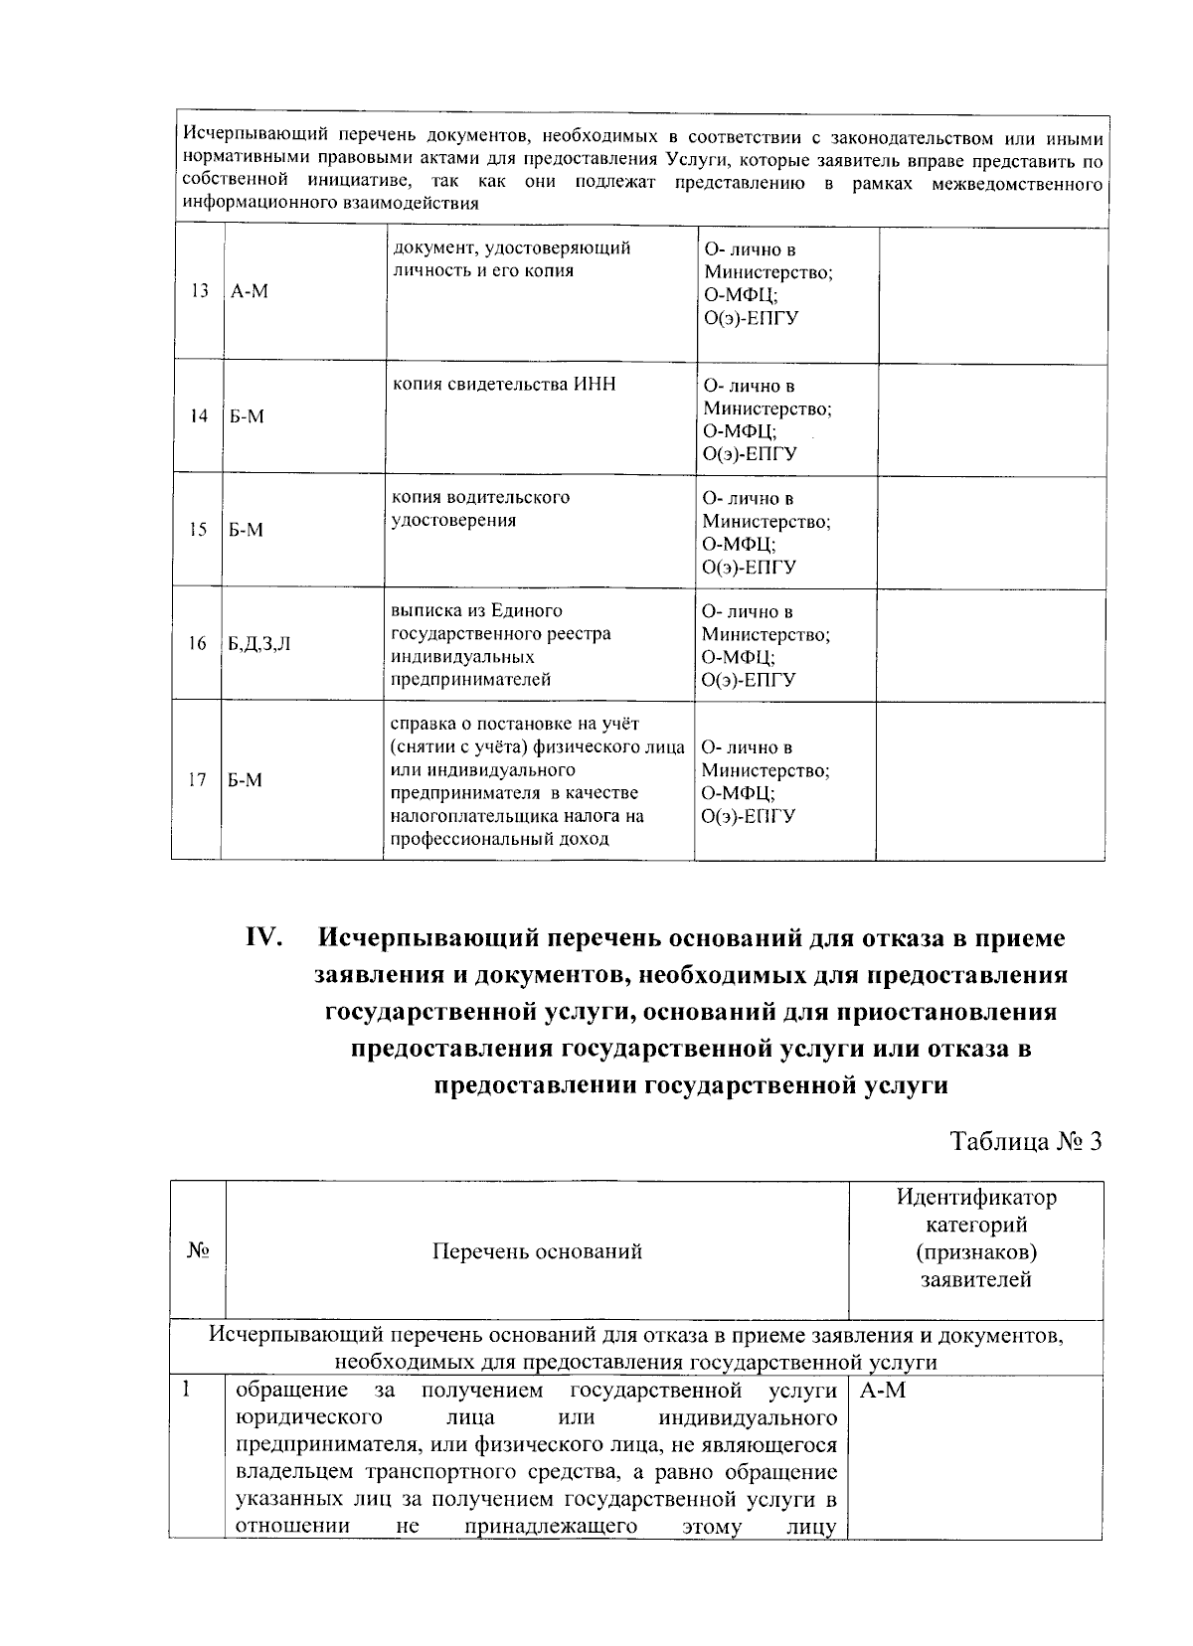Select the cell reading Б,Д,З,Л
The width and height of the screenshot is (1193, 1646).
click(x=259, y=644)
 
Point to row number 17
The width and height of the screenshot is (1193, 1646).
click(x=197, y=780)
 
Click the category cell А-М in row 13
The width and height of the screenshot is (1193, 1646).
click(x=250, y=291)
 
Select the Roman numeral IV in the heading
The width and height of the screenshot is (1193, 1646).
click(x=265, y=938)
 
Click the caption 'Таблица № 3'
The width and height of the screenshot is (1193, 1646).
click(x=1026, y=1141)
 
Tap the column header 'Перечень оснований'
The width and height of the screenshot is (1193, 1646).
click(x=537, y=1251)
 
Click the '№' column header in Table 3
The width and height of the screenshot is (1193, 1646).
click(x=197, y=1251)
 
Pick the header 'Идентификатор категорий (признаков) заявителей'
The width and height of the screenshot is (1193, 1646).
click(x=975, y=1238)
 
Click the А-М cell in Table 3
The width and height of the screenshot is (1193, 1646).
click(x=882, y=1391)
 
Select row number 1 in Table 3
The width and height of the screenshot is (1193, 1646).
click(x=186, y=1390)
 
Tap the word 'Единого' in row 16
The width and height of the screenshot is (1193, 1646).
click(x=530, y=611)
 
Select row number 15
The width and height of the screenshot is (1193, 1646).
click(x=199, y=530)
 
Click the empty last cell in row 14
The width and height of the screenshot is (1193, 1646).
click(x=991, y=419)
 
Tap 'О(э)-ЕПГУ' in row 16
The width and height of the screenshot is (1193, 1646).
click(x=750, y=680)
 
